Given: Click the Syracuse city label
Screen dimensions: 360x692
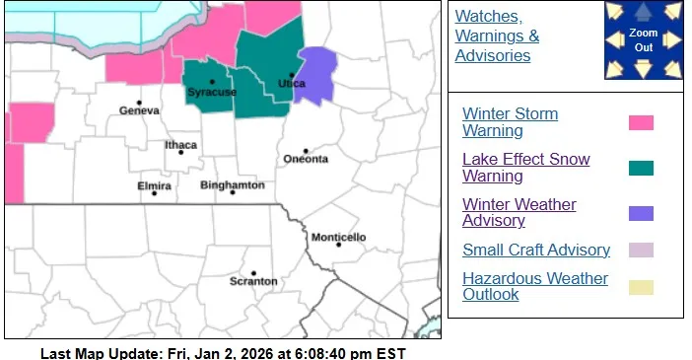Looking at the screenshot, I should click(212, 92).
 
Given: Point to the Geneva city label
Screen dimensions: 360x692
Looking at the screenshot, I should click(139, 110).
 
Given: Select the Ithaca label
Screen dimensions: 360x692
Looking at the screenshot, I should click(180, 145).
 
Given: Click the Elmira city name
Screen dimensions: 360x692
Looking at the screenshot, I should click(155, 185).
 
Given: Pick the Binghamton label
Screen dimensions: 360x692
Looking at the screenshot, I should click(232, 184).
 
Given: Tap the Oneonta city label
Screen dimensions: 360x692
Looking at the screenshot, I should click(306, 159).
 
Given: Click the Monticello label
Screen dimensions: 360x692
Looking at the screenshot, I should click(338, 238).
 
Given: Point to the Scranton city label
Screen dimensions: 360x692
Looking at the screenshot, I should click(253, 281).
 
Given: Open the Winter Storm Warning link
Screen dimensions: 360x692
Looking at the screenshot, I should click(510, 122).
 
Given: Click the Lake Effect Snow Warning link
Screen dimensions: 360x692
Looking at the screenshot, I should click(525, 168).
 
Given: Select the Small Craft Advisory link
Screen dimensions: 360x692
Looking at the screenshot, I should click(536, 250).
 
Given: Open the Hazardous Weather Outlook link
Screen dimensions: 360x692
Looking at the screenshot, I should click(535, 286).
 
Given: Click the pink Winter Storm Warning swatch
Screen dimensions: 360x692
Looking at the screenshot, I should click(641, 123).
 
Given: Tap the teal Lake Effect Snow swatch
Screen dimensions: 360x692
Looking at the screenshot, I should click(641, 168).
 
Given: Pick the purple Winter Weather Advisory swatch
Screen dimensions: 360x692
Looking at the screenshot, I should click(641, 213).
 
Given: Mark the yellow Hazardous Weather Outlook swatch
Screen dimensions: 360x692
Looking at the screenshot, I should click(641, 287).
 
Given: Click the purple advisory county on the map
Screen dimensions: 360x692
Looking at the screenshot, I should click(317, 75).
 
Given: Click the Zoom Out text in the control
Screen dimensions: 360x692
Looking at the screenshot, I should click(643, 39).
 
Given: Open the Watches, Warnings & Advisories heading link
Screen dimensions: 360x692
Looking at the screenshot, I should click(497, 36).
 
